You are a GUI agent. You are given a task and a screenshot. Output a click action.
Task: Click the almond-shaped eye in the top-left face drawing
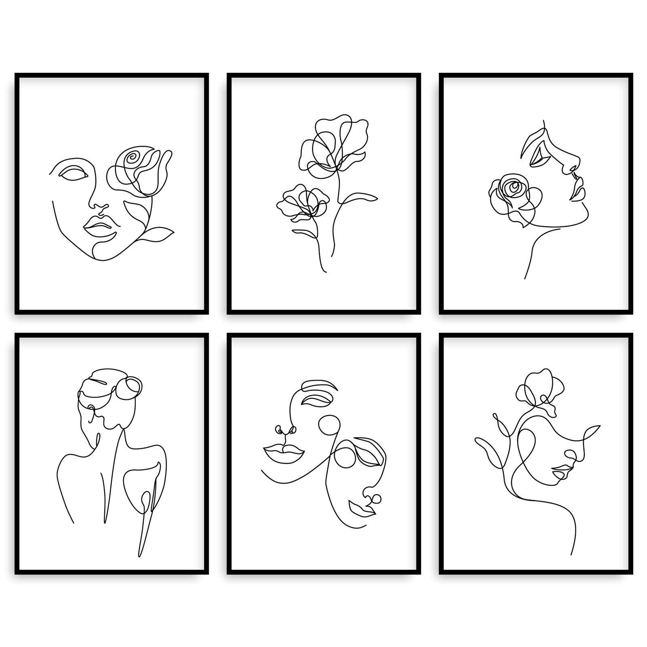click(x=73, y=173)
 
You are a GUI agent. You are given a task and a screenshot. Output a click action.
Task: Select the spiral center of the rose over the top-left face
click(x=132, y=159)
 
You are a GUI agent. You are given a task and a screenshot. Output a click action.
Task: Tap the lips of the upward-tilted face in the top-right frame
click(x=577, y=189)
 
